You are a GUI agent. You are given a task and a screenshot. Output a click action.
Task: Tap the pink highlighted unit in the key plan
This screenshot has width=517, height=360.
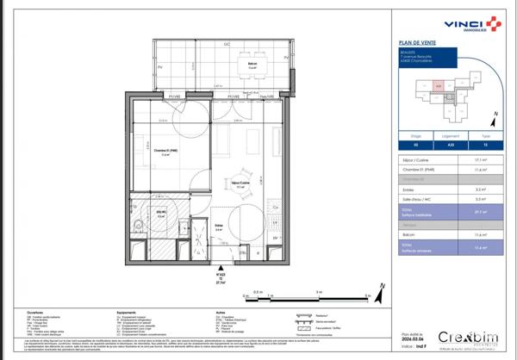pyautogui.click(x=439, y=86)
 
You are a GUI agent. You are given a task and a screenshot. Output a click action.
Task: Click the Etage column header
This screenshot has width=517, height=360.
pyautogui.click(x=415, y=135)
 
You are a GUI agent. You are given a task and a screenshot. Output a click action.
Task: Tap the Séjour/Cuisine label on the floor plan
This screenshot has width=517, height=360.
pyautogui.click(x=240, y=183)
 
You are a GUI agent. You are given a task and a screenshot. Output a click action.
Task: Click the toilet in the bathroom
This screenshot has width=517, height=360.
pyautogui.click(x=138, y=226)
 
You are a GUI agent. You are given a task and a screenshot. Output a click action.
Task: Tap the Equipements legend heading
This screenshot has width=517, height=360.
pyautogui.click(x=128, y=313)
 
